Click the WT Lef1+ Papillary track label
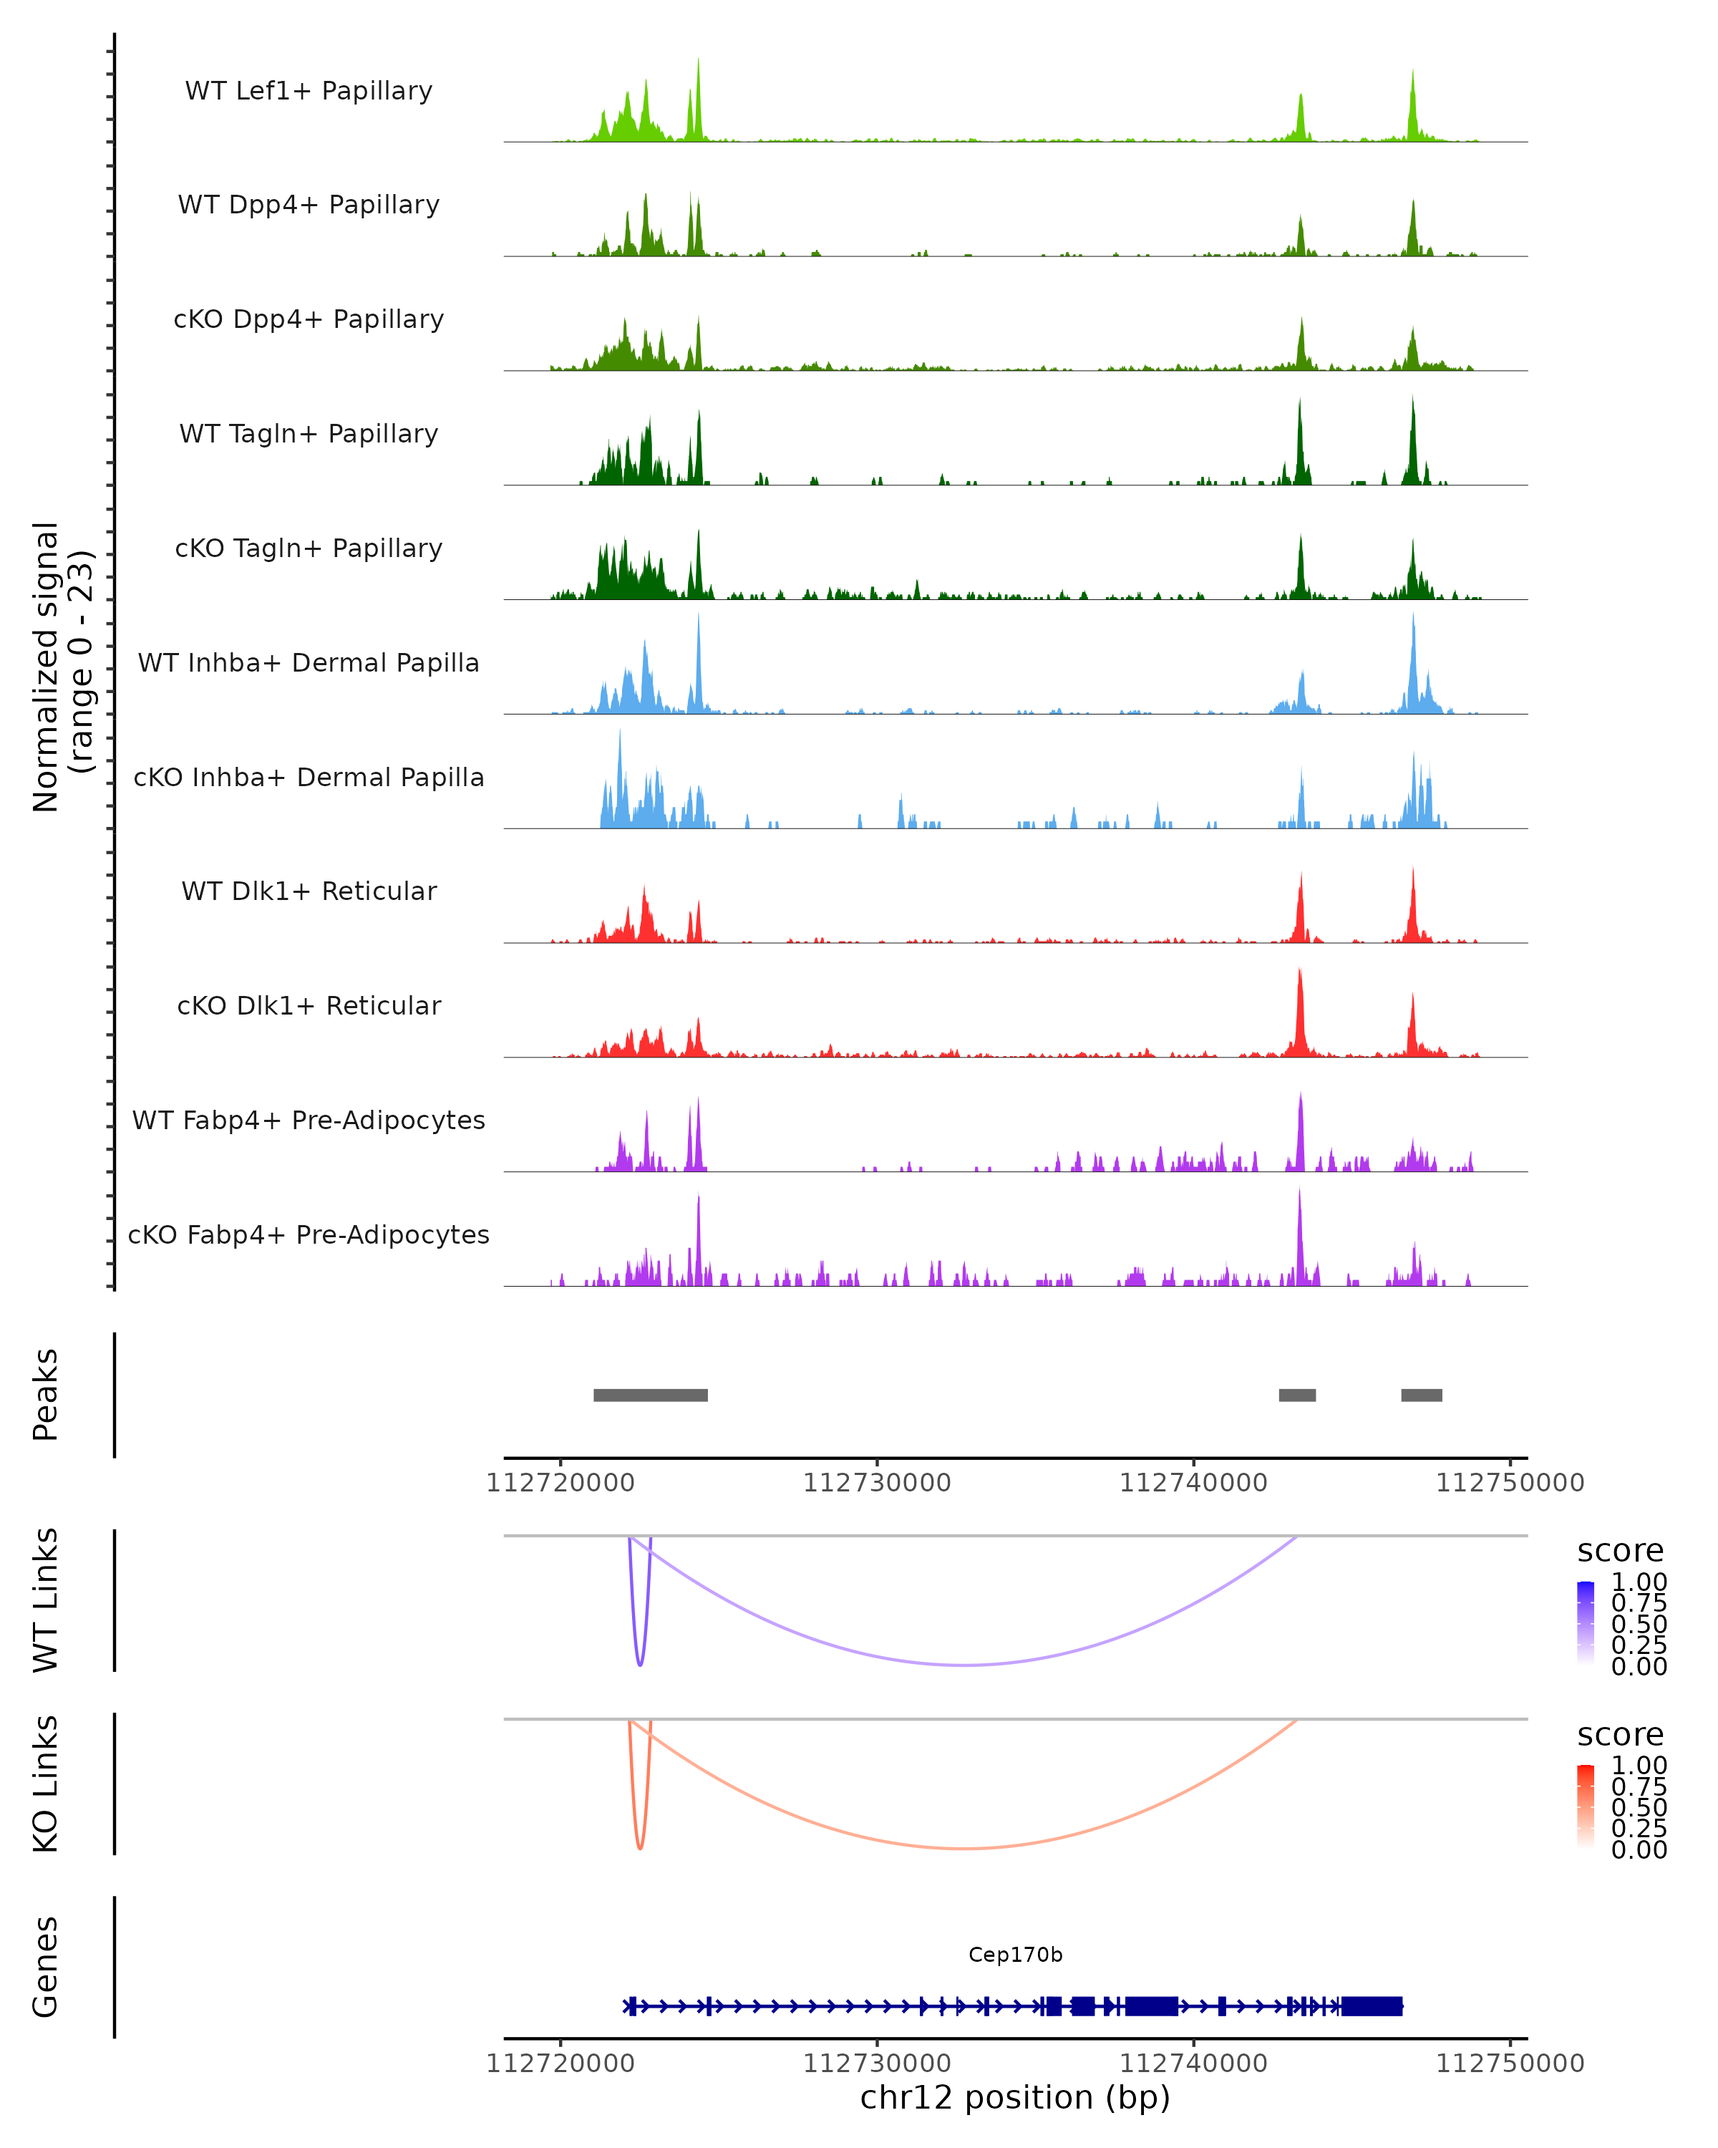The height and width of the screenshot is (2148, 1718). coord(309,91)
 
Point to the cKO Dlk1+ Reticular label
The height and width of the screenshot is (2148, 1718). coord(309,1005)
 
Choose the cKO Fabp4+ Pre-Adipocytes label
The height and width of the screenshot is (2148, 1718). coord(309,1234)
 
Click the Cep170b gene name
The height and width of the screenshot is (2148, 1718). coord(1015,1955)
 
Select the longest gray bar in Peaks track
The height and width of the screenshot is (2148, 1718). coord(651,1395)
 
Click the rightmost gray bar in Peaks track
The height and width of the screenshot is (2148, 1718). coord(1421,1395)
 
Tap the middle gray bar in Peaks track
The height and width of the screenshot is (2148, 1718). coord(1296,1395)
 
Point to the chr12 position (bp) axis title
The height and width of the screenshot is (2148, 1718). coord(1015,2097)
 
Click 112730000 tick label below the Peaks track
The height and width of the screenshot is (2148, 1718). coord(876,1484)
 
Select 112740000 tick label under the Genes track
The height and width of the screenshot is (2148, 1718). coord(1193,2064)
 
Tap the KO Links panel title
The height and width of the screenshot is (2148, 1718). coord(46,1784)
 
